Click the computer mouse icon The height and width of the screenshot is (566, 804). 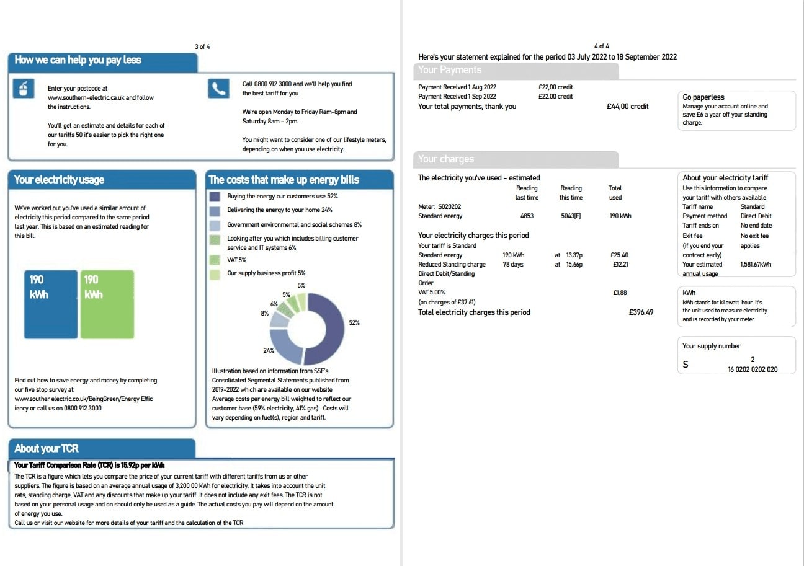click(x=24, y=89)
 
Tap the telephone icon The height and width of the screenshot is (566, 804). click(x=218, y=89)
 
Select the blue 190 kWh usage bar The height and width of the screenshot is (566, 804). click(x=50, y=304)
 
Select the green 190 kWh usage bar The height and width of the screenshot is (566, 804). click(x=107, y=304)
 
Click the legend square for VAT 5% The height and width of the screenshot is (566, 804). click(x=215, y=260)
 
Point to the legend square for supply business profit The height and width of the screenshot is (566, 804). click(x=215, y=273)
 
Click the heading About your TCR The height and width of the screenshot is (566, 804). click(x=47, y=448)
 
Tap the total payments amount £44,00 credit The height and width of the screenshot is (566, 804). click(x=627, y=107)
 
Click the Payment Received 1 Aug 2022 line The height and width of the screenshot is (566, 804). click(x=457, y=87)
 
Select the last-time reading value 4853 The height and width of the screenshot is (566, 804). click(x=527, y=216)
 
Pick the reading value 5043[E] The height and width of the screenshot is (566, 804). click(x=570, y=216)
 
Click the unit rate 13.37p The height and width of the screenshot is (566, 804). click(x=574, y=255)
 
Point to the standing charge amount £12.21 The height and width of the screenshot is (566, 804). click(x=620, y=264)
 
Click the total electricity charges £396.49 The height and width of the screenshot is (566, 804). click(x=641, y=312)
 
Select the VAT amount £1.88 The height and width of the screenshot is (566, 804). click(x=620, y=293)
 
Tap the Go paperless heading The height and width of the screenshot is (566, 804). click(x=703, y=97)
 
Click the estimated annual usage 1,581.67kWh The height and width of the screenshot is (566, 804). click(x=756, y=264)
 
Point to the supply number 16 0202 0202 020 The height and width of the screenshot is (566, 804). click(x=753, y=369)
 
